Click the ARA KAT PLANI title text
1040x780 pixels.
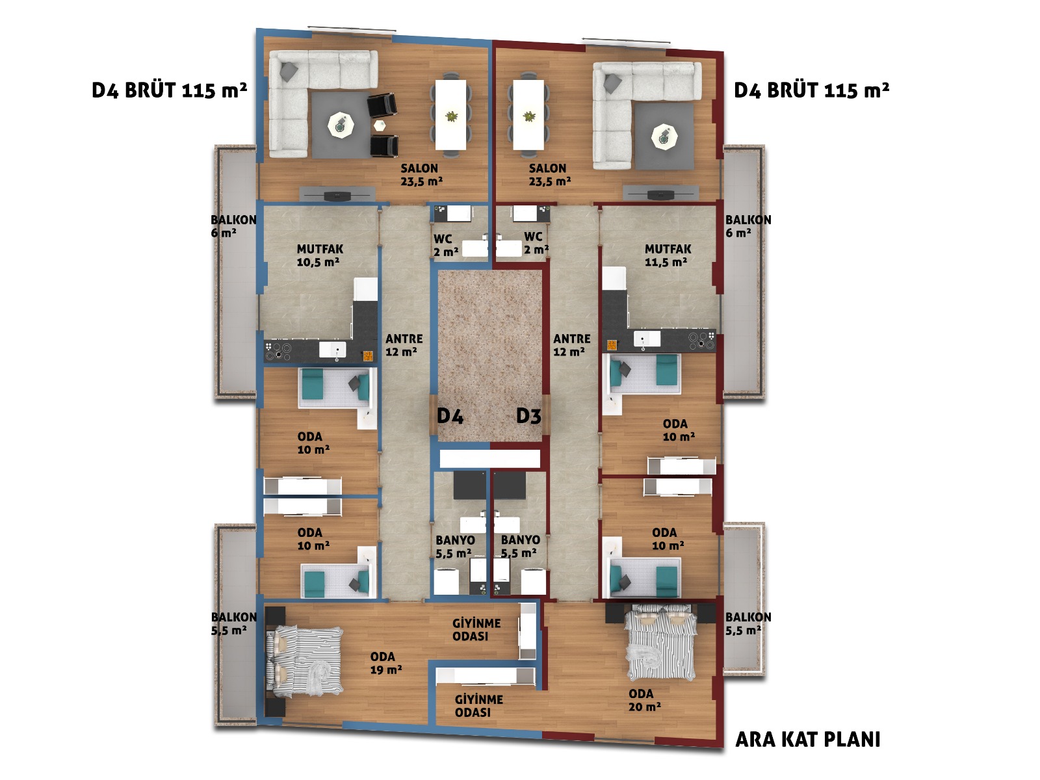pos(807,739)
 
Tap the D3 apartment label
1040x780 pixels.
pos(528,416)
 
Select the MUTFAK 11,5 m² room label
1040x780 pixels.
pos(668,255)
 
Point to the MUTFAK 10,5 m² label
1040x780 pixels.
pos(320,255)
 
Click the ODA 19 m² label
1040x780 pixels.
pos(386,663)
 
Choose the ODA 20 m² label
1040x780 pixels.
pos(644,700)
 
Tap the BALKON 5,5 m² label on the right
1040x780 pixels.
pos(748,623)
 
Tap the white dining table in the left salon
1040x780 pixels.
pos(450,115)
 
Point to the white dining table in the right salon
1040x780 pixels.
pos(528,115)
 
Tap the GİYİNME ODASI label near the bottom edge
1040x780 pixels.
pos(478,706)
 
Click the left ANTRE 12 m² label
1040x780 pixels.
pos(404,344)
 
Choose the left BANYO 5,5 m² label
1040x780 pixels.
pos(455,547)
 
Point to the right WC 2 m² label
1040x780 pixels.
pos(536,242)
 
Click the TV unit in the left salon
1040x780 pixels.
pos(337,194)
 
